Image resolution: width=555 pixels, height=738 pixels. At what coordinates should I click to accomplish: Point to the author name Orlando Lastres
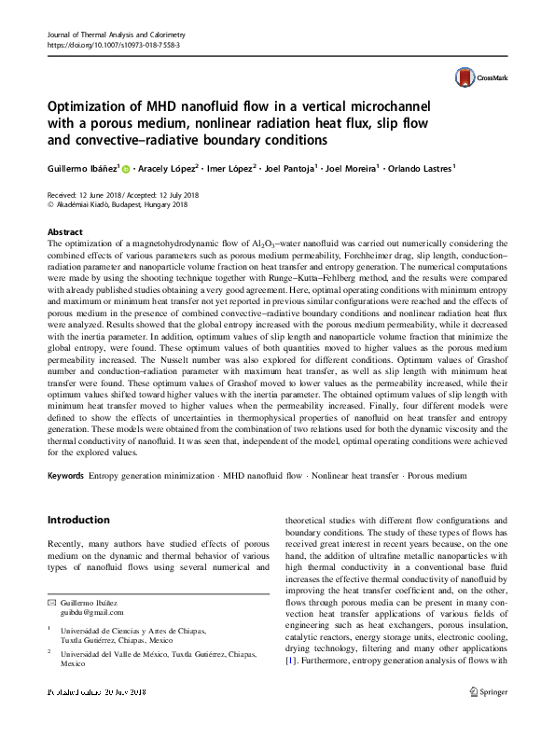(422, 170)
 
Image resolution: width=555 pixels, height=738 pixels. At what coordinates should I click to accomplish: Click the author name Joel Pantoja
(287, 170)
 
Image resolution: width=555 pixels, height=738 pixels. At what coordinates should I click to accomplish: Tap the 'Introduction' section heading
(79, 520)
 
